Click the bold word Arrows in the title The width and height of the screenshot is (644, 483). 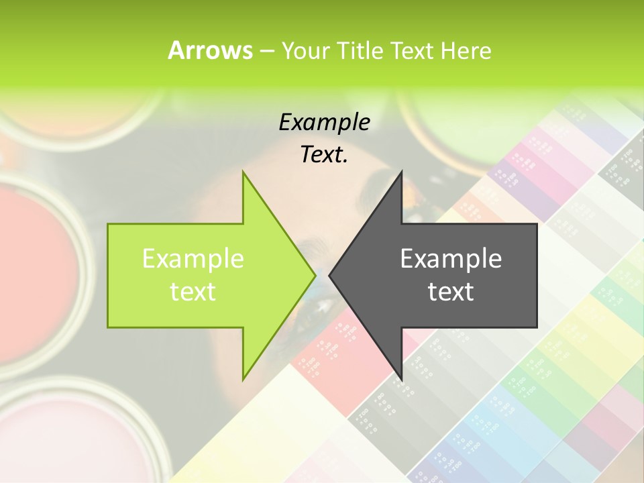point(210,50)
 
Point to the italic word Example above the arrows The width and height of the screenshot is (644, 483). point(324,122)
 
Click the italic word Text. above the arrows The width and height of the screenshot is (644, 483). point(324,154)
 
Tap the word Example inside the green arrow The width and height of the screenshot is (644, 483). point(193,259)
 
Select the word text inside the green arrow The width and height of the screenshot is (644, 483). point(193,292)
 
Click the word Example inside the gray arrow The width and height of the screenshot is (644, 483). point(451,259)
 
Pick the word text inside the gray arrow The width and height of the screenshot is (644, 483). point(451,292)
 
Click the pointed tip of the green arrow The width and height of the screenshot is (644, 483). point(315,275)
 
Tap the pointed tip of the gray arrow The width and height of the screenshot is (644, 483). point(330,275)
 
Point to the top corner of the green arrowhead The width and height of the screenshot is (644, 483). point(244,172)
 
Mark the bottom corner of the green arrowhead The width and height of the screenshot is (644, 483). point(244,379)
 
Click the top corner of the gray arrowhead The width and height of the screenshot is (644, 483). point(402,172)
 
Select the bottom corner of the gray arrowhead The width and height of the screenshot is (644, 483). point(402,379)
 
